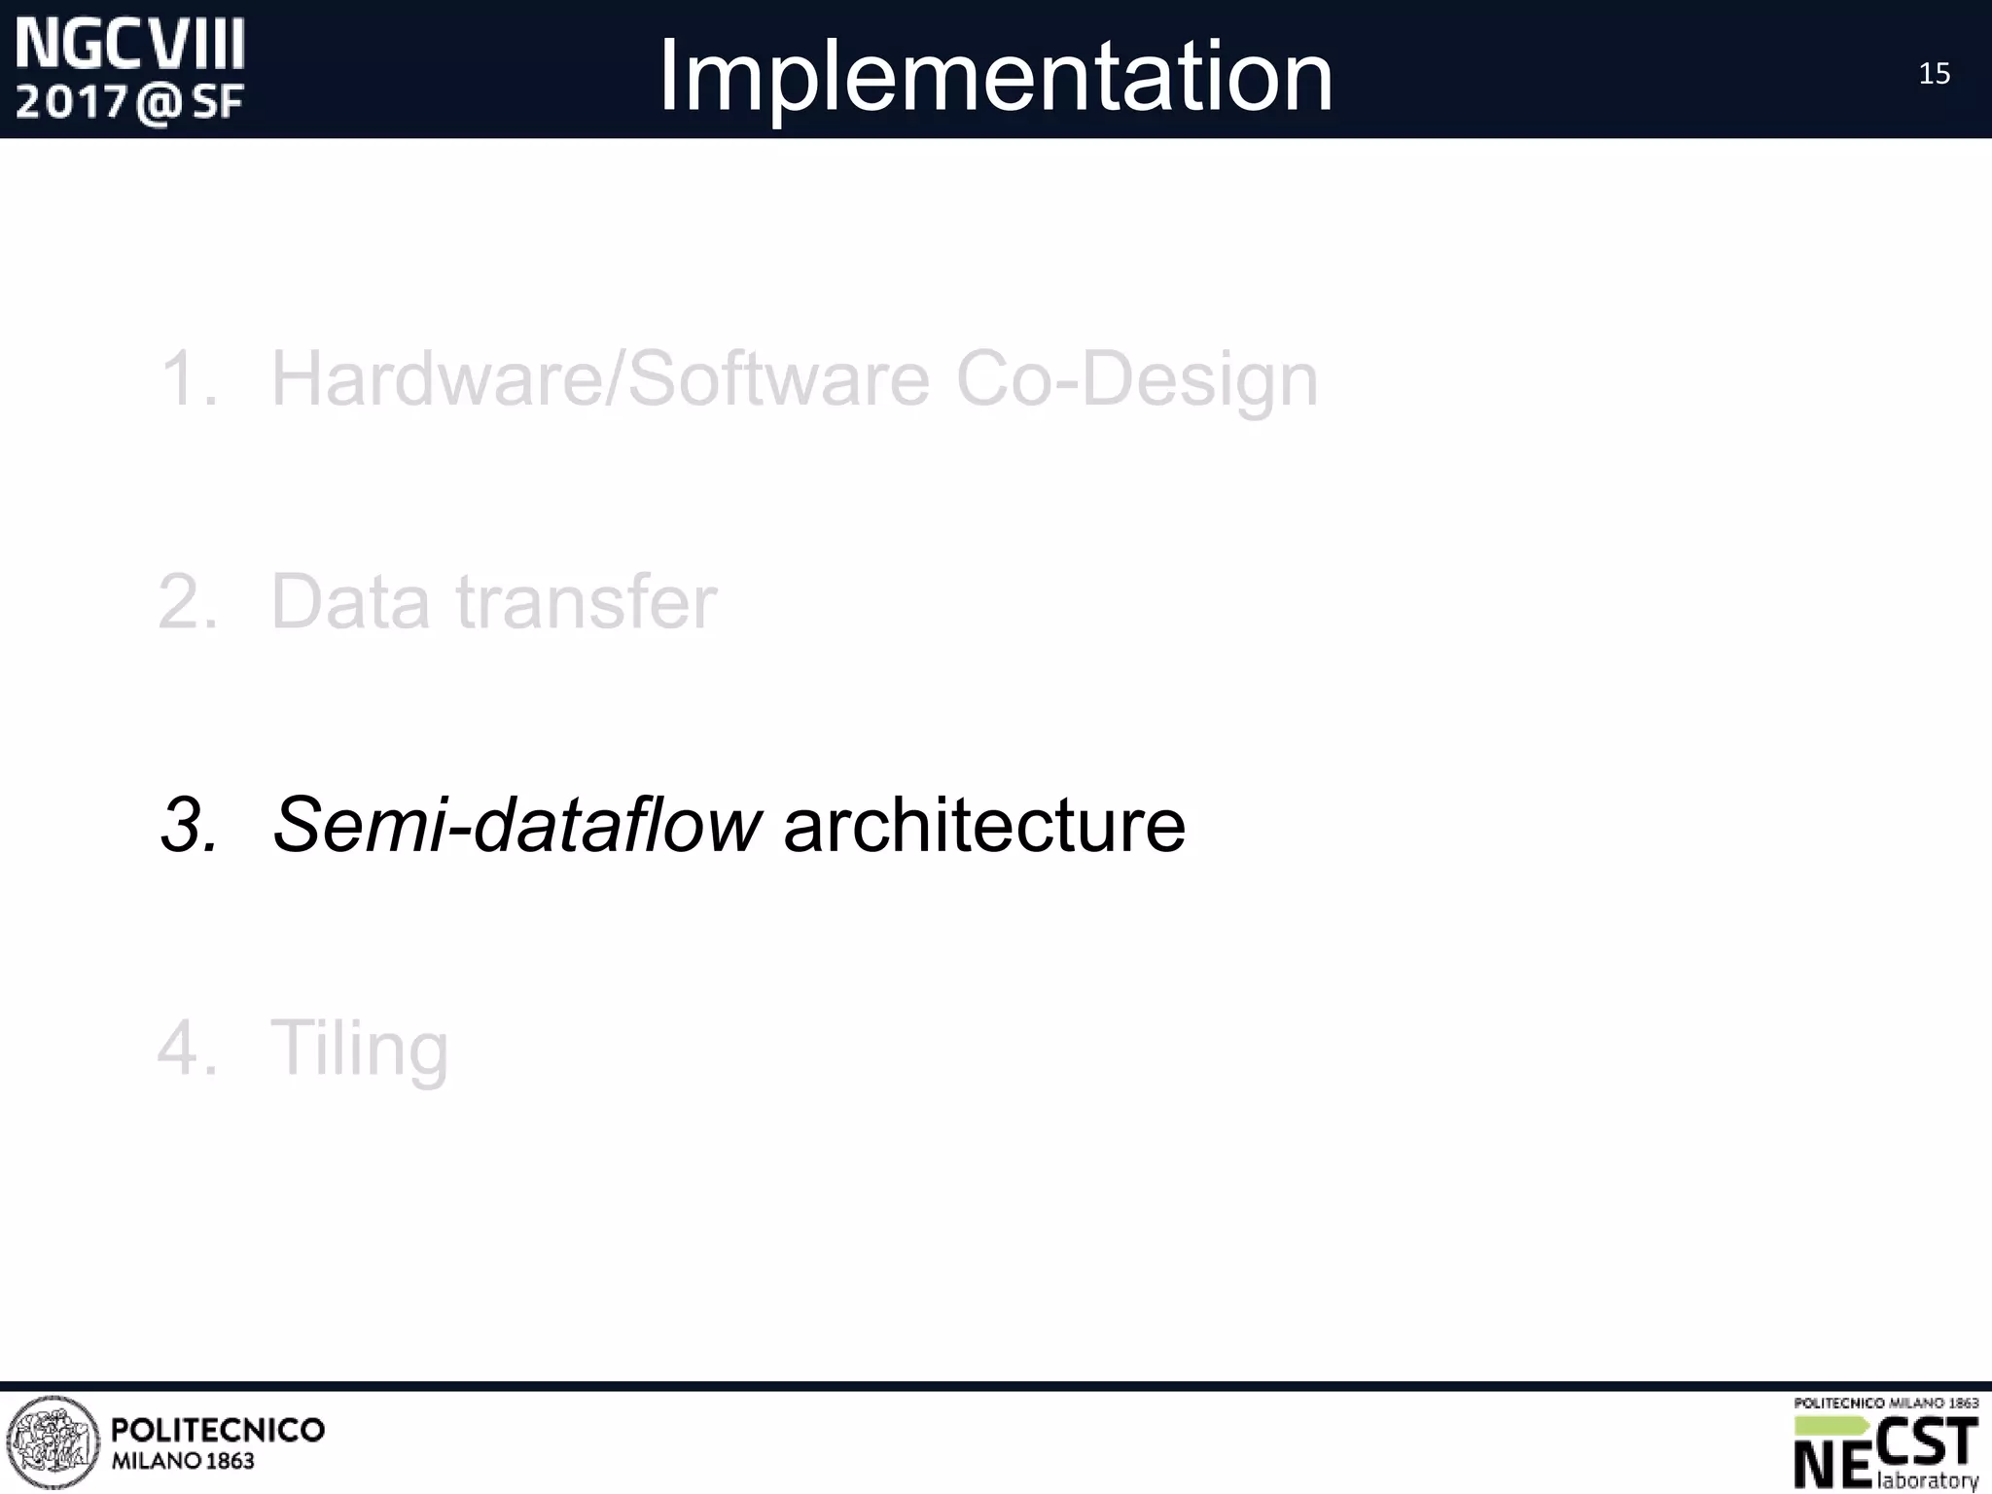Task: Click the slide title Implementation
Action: coord(995,76)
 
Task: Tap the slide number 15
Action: coord(1934,74)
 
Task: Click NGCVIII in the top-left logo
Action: coord(130,46)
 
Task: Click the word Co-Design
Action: coord(1136,380)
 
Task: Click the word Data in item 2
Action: coord(350,602)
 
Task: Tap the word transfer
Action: coord(587,602)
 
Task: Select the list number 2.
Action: coord(187,602)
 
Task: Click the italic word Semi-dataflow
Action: coord(516,825)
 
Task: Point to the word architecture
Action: coord(984,825)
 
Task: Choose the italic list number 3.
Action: coord(189,825)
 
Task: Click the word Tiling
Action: coord(359,1050)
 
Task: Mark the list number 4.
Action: coord(187,1049)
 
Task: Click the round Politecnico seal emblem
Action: coord(53,1442)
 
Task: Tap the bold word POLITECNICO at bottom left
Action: coord(218,1430)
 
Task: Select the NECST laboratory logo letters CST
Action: coord(1926,1442)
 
